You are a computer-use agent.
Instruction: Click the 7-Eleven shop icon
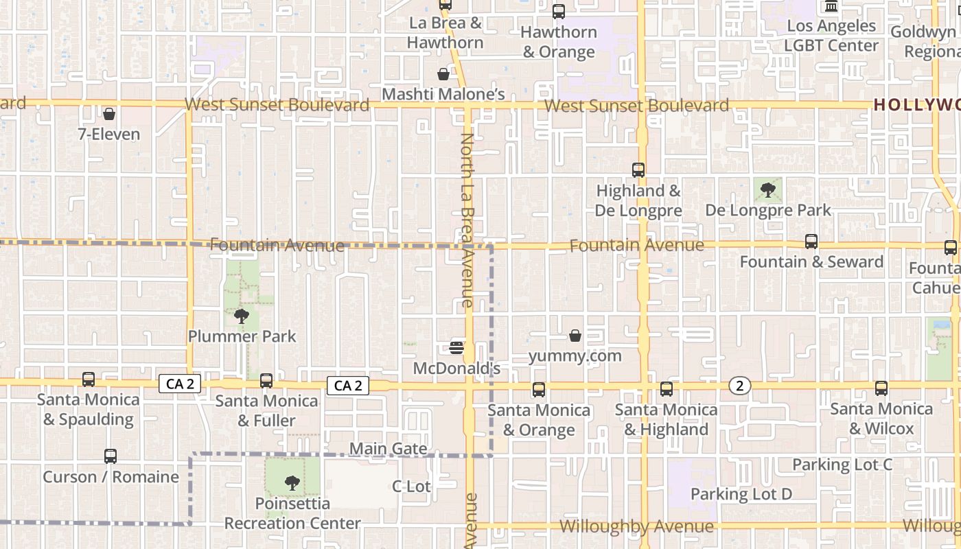[108, 114]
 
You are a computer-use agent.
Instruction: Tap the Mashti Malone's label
[443, 94]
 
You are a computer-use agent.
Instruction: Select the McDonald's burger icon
[456, 348]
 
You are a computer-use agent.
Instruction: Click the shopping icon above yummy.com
[575, 336]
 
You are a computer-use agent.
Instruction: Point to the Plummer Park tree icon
[241, 316]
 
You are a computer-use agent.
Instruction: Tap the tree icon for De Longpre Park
[768, 189]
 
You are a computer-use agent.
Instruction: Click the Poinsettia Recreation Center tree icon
[292, 482]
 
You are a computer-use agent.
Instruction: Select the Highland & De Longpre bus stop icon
[638, 170]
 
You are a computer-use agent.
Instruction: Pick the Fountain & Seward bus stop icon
[811, 242]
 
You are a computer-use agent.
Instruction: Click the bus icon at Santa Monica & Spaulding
[88, 379]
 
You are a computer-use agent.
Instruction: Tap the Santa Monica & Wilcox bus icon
[881, 388]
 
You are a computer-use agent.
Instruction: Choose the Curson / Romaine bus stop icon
[111, 456]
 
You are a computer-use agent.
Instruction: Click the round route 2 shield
[739, 386]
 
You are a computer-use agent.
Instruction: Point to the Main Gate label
[389, 449]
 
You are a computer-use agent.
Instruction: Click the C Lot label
[411, 487]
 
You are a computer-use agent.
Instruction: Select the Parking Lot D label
[741, 494]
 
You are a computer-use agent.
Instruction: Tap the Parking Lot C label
[842, 465]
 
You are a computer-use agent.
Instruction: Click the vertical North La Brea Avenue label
[467, 220]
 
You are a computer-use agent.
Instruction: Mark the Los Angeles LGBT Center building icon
[831, 7]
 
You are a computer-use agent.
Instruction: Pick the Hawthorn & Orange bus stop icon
[559, 12]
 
